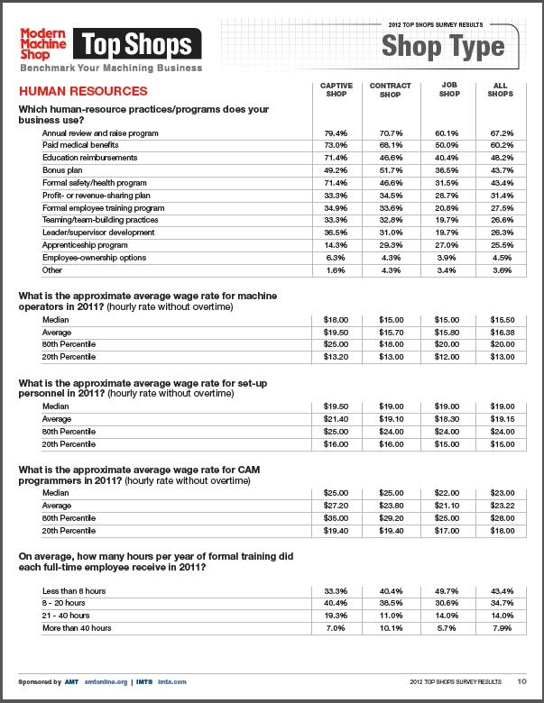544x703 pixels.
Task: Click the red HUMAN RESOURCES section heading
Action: click(83, 92)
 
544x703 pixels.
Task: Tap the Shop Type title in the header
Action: click(441, 46)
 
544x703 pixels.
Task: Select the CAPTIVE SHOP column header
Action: click(337, 90)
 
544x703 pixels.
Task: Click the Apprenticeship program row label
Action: click(78, 244)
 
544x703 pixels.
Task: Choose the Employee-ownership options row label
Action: click(88, 257)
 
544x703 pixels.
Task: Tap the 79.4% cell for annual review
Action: click(337, 132)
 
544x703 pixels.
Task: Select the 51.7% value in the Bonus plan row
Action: click(391, 169)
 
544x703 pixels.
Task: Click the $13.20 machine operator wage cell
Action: click(337, 356)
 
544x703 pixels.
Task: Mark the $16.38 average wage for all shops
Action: click(501, 331)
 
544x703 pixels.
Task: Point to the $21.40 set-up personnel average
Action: click(337, 419)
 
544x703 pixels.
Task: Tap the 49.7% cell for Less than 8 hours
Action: click(447, 589)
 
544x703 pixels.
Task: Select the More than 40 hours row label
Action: click(77, 627)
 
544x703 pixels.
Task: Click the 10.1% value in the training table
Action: click(391, 627)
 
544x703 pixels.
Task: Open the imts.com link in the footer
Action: click(173, 681)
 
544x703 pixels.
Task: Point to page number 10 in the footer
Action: click(521, 681)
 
